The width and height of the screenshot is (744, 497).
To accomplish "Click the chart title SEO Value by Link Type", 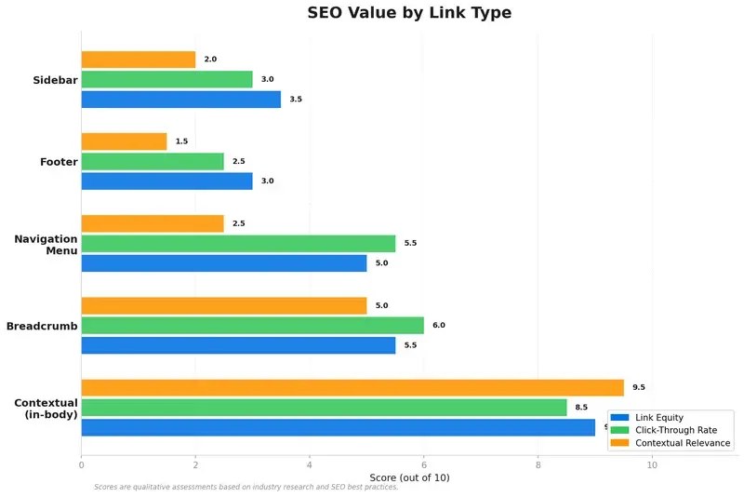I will (409, 13).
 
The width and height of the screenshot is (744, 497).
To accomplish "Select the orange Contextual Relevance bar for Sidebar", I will (138, 60).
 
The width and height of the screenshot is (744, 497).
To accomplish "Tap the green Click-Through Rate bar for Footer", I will (153, 161).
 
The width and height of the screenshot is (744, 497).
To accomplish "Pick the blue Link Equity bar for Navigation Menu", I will (223, 263).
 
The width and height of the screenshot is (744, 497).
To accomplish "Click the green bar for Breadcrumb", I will (252, 325).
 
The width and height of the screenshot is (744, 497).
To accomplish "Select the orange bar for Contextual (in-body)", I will (352, 387).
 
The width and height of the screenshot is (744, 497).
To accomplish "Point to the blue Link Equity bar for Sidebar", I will (180, 99).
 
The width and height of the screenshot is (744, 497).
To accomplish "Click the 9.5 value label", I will (639, 387).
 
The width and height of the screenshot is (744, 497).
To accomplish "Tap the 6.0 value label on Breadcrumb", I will (439, 326).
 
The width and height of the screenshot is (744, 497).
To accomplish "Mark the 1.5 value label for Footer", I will (181, 141).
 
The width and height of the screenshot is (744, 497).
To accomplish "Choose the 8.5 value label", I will (582, 407).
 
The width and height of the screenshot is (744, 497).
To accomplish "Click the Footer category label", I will (59, 162).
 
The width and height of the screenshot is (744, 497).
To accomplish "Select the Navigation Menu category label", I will (46, 245).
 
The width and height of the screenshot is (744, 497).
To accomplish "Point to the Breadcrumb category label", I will (42, 326).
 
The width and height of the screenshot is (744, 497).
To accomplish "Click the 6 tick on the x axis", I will (424, 463).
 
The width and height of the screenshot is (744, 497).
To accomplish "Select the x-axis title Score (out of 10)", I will (409, 477).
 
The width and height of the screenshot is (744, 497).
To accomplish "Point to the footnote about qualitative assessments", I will (246, 488).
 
